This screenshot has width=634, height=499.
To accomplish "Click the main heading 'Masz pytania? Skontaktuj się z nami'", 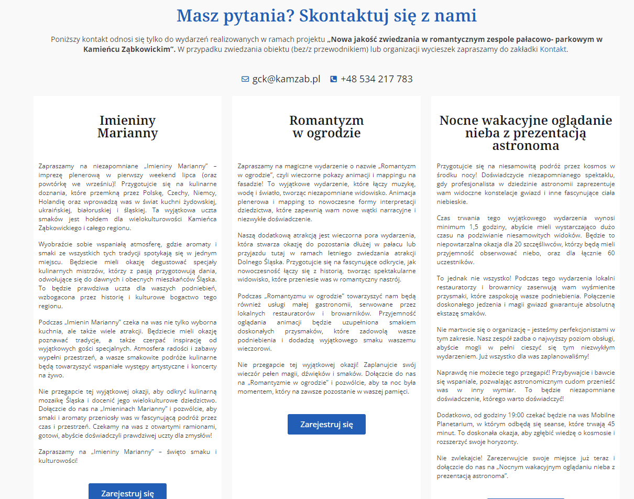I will [x=326, y=16].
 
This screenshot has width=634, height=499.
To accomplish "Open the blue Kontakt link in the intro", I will [x=553, y=50].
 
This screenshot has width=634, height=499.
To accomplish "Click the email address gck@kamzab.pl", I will [x=286, y=79].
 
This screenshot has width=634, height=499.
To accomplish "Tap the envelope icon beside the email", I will [x=245, y=79].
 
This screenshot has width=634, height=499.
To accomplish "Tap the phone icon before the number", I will [x=334, y=79].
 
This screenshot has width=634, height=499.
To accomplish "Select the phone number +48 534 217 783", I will [x=376, y=79].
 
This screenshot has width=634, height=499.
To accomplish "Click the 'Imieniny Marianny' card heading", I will [x=127, y=126].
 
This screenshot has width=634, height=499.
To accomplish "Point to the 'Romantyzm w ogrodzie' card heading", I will [x=326, y=126].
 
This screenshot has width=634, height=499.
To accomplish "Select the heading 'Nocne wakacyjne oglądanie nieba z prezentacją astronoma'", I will [x=525, y=133].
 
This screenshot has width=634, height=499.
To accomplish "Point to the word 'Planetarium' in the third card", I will [x=455, y=425].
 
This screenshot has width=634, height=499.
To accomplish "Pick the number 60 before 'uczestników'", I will [x=610, y=253].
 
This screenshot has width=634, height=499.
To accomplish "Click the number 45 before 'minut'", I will [x=610, y=425].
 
